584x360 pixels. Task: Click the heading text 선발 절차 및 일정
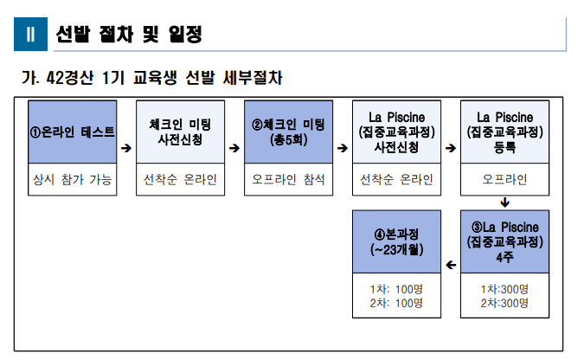(x=128, y=35)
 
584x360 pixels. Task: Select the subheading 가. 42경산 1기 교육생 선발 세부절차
(x=151, y=78)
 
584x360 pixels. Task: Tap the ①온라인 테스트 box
(x=72, y=131)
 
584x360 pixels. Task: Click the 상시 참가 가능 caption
(x=72, y=180)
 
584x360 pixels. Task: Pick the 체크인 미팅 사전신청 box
(x=180, y=131)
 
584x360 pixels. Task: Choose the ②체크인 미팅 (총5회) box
(x=288, y=131)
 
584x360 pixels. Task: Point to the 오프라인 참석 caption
(x=288, y=180)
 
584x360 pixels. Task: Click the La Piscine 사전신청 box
(x=396, y=131)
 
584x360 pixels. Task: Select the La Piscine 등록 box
(x=504, y=131)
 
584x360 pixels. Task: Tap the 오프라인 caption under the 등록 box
(x=504, y=180)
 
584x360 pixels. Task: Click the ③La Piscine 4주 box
(x=504, y=241)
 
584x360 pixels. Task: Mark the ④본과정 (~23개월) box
(x=396, y=241)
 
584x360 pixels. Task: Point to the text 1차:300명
(x=504, y=288)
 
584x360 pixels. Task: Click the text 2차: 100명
(x=396, y=303)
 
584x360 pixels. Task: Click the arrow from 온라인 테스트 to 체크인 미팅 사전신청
(x=126, y=148)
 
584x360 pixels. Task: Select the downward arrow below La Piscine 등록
(x=504, y=203)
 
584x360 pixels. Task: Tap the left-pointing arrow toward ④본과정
(x=450, y=264)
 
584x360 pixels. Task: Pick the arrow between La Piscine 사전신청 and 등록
(x=451, y=148)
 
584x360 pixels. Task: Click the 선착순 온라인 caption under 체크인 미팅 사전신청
(x=180, y=180)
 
